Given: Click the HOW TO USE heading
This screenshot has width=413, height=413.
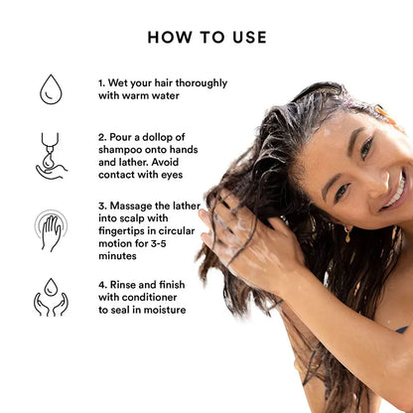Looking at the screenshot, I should coord(206,38).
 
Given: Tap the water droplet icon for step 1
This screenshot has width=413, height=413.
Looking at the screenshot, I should coord(51,89).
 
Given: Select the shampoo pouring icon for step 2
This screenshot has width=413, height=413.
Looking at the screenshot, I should coord(51,155).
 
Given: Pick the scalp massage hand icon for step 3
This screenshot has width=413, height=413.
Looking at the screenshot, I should coord(51,228).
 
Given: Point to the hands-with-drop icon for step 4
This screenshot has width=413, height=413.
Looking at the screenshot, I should coord(51,297).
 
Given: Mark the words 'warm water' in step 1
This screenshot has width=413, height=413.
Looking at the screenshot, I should coord(150,97).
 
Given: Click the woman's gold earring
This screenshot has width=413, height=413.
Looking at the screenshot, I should coord(348,234).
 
